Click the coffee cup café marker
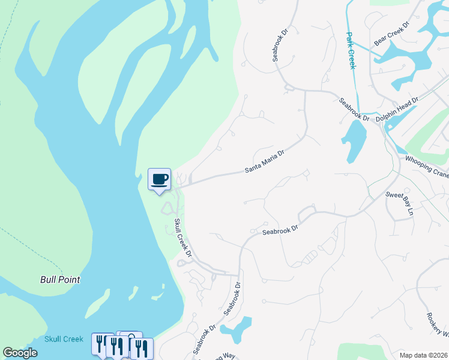pyautogui.click(x=159, y=179)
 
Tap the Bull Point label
pyautogui.click(x=60, y=280)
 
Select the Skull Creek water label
pyautogui.click(x=64, y=339)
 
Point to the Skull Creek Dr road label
pyautogui.click(x=182, y=239)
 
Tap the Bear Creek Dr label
pyautogui.click(x=391, y=34)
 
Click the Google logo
pyautogui.click(x=20, y=353)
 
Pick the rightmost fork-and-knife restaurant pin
pyautogui.click(x=142, y=348)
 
